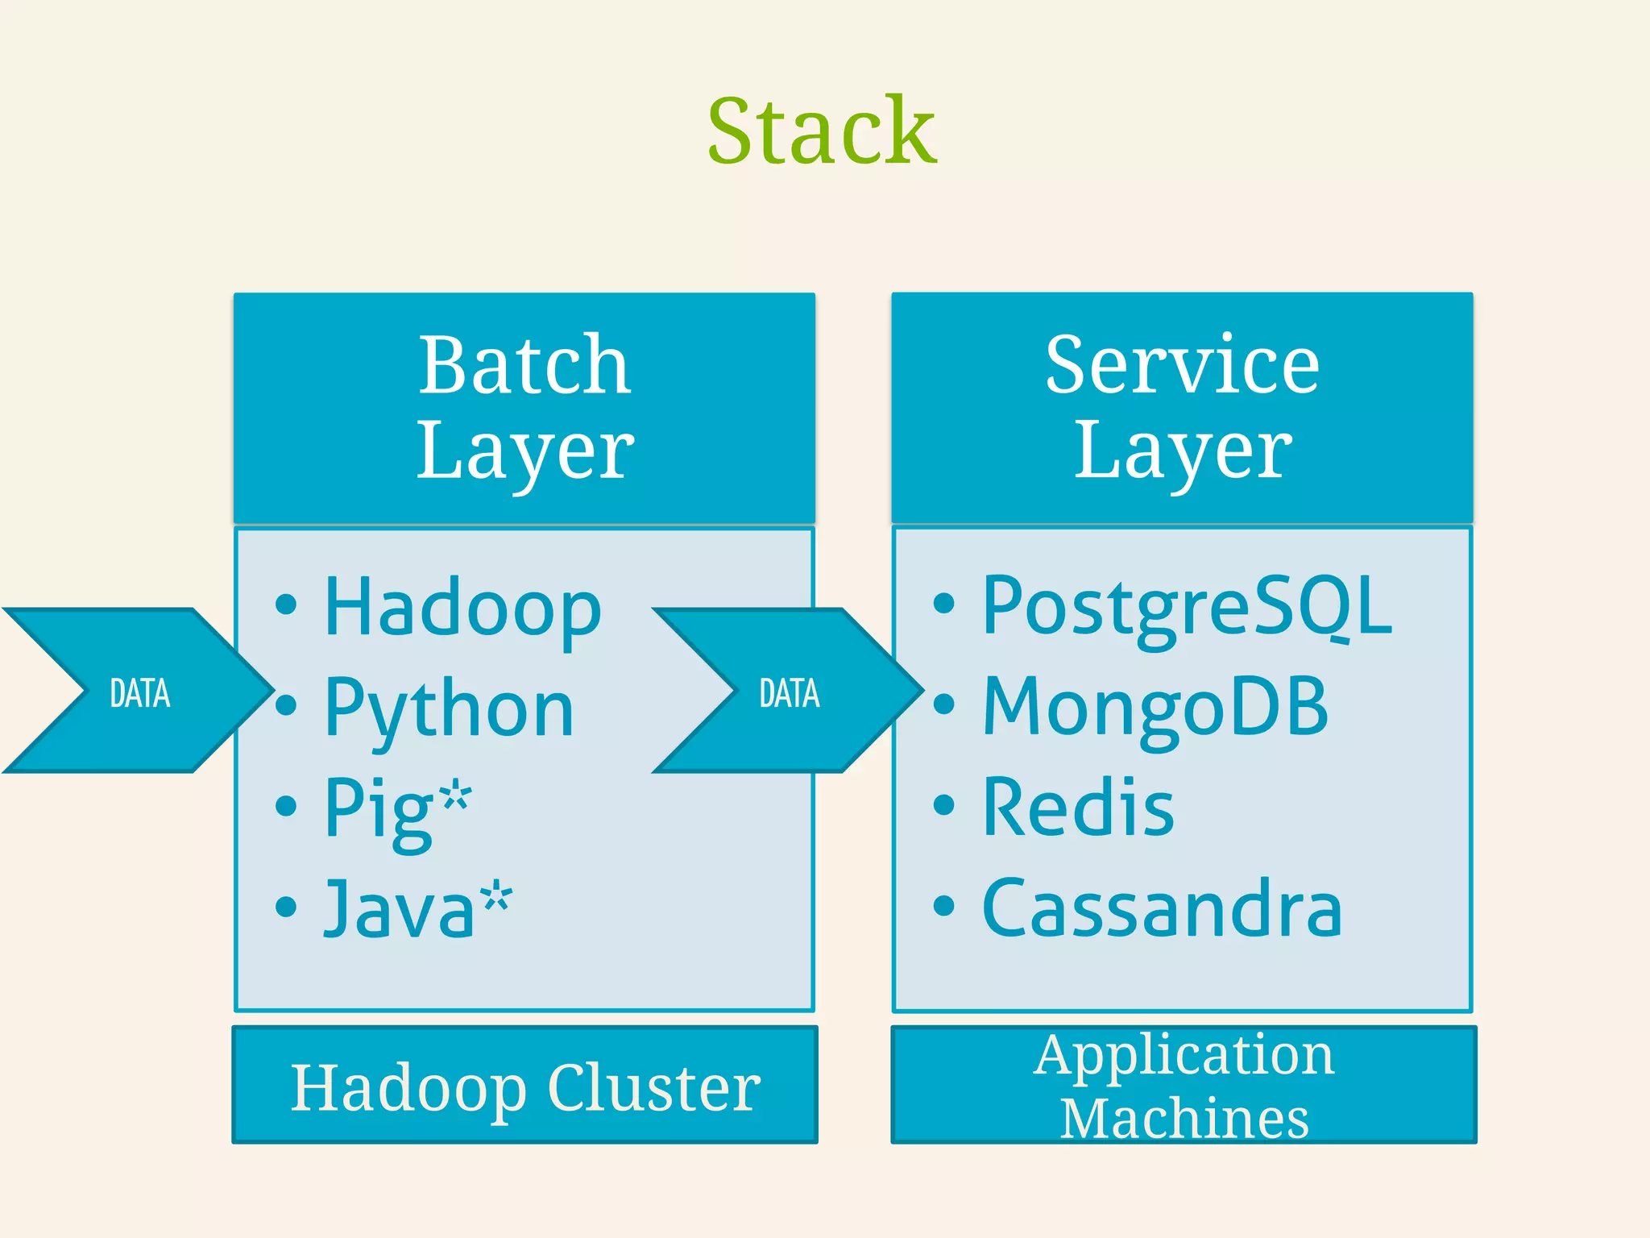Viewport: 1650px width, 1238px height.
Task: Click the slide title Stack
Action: click(822, 131)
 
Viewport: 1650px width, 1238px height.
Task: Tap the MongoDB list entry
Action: click(1155, 708)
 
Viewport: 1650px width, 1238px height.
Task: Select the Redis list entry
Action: click(1078, 808)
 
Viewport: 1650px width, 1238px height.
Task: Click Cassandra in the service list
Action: click(1162, 909)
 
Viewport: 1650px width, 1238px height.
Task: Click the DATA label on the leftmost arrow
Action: click(140, 694)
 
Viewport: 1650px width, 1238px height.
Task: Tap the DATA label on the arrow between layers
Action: click(790, 694)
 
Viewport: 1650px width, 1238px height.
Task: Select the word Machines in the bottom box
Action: click(1184, 1119)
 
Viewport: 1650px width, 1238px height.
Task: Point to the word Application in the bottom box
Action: click(1184, 1056)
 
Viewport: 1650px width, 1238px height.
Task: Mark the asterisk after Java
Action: click(495, 895)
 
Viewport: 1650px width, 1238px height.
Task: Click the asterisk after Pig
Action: click(455, 794)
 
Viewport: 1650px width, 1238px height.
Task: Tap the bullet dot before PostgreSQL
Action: click(943, 603)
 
